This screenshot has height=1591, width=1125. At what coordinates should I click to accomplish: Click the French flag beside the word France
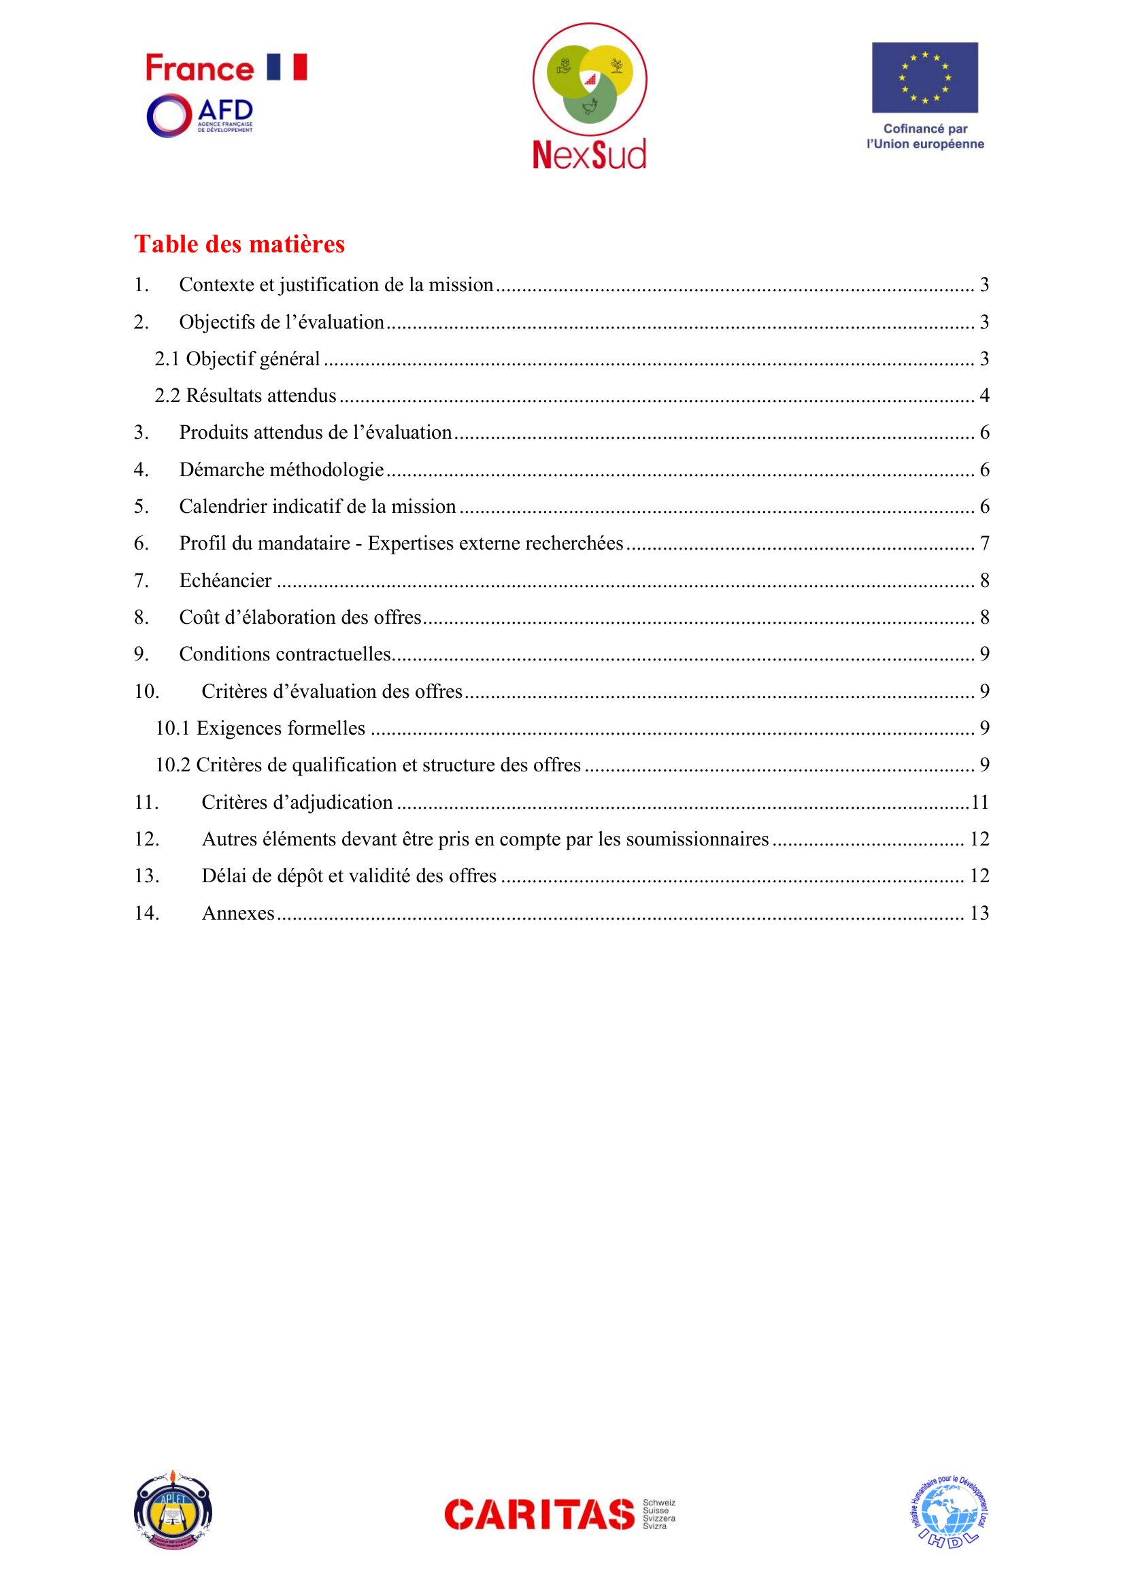click(287, 67)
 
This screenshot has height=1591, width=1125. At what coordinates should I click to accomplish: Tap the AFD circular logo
click(168, 115)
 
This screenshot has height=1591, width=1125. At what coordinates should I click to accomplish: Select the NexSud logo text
click(589, 154)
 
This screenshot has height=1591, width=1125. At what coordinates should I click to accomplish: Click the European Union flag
click(924, 78)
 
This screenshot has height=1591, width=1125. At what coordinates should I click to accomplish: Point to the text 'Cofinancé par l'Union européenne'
click(925, 137)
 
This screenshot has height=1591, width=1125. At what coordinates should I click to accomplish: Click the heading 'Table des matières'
click(239, 244)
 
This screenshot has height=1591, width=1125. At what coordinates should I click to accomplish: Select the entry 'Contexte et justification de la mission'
click(336, 285)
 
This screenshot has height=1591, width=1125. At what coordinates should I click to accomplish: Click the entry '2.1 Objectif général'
click(237, 359)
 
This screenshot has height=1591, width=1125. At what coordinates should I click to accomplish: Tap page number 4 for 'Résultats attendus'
click(984, 396)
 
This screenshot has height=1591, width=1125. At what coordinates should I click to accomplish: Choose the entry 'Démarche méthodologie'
click(282, 470)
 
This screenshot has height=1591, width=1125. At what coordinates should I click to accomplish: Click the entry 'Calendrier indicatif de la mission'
click(317, 507)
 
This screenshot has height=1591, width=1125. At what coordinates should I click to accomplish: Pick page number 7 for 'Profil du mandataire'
click(984, 543)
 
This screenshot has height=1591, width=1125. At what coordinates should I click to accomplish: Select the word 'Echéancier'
click(225, 581)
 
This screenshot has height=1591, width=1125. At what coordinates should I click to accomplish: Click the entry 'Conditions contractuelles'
click(285, 654)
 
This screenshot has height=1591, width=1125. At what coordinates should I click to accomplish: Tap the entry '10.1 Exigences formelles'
click(260, 728)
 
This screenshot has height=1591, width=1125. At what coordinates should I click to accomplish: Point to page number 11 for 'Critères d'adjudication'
click(979, 803)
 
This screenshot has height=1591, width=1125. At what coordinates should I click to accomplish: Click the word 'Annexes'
click(237, 914)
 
